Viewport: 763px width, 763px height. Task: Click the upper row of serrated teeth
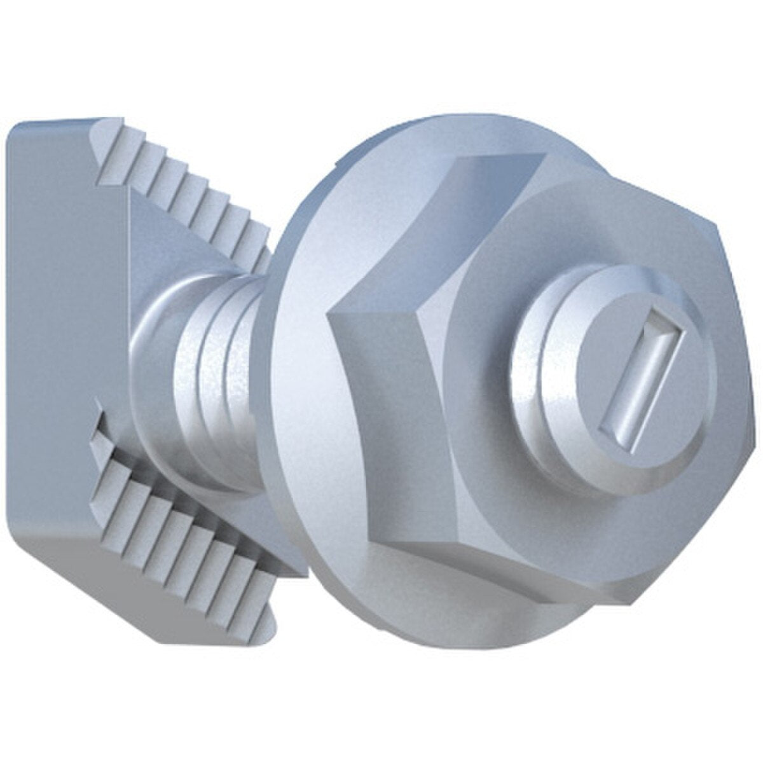[191, 191]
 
